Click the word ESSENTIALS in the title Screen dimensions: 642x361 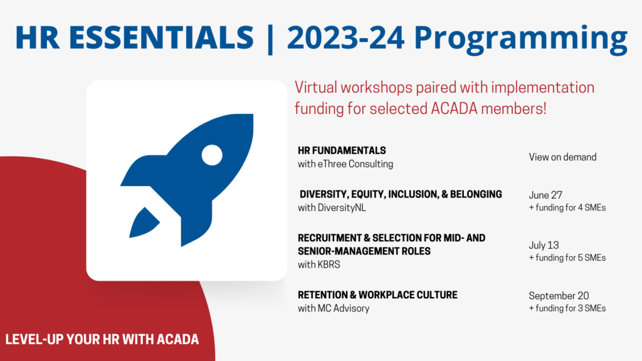point(161,37)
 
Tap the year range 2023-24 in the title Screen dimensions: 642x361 point(345,37)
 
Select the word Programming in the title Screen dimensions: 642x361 point(520,39)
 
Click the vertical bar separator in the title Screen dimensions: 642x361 point(270,39)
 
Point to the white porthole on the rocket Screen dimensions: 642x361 point(212,155)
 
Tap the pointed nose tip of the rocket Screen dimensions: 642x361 point(252,116)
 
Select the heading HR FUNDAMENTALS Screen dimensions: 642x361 point(342,150)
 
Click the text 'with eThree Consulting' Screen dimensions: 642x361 point(345,164)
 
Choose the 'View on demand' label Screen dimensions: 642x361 point(562,157)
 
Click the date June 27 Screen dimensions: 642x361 point(545,195)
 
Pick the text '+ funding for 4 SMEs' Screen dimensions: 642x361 point(567,207)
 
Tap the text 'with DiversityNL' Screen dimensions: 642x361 point(332,208)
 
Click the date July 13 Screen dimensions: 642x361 point(544,245)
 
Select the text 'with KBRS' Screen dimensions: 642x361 point(319,265)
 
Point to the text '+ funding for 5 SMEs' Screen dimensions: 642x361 point(567,258)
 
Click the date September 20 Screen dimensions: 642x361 point(559,296)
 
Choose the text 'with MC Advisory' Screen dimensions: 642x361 point(334,308)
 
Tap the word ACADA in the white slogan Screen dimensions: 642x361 point(177,339)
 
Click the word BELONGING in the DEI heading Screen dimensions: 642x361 point(476,194)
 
